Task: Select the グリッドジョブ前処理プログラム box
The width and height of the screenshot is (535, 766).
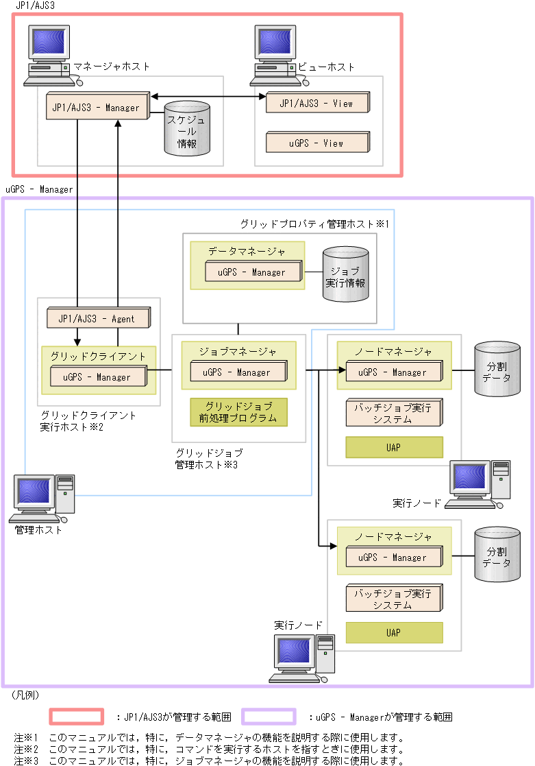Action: (238, 412)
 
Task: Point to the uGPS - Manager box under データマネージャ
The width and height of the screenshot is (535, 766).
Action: (253, 272)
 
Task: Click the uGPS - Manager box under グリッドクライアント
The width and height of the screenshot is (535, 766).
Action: (98, 376)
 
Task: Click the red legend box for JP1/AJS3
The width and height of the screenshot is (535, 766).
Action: (76, 717)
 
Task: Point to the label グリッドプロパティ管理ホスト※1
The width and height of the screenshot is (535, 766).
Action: (314, 224)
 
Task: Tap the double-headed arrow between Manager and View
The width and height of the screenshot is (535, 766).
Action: (208, 97)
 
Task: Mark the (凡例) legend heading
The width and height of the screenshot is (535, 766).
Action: (25, 695)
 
